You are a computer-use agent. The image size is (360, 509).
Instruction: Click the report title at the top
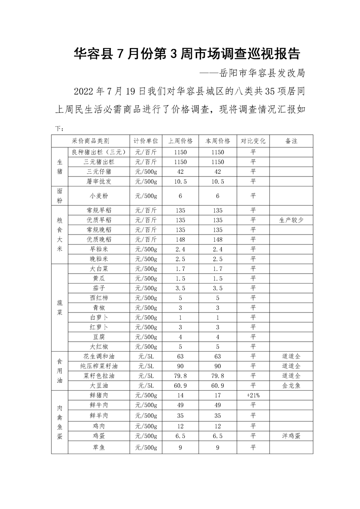(x=187, y=54)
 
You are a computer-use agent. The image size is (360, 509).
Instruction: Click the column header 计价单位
(x=146, y=141)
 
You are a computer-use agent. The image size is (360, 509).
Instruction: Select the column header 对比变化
(x=253, y=141)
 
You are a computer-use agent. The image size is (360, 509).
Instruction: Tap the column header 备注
(x=291, y=141)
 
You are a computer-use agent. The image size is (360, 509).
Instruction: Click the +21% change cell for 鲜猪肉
(x=253, y=396)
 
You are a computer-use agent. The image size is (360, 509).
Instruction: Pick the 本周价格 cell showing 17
(x=218, y=396)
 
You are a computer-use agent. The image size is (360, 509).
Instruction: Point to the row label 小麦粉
(x=99, y=196)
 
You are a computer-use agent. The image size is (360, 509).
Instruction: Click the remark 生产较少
(x=291, y=220)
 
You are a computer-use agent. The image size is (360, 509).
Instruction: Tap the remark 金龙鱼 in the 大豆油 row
(x=291, y=385)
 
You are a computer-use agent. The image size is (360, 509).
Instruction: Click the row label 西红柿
(x=99, y=298)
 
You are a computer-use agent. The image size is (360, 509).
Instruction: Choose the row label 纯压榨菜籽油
(x=99, y=366)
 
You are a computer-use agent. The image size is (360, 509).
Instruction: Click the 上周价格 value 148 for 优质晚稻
(x=180, y=240)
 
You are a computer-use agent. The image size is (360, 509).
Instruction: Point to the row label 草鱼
(x=99, y=447)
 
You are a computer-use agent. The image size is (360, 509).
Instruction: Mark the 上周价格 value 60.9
(x=180, y=385)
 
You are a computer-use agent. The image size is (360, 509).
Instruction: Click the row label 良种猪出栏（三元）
(x=99, y=152)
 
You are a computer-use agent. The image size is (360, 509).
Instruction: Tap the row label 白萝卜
(x=99, y=317)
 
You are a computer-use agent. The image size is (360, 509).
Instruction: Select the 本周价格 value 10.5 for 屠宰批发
(x=218, y=181)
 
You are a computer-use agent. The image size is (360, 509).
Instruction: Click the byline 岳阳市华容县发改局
(x=261, y=73)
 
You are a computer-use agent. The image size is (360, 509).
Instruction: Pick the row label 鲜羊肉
(x=99, y=416)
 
